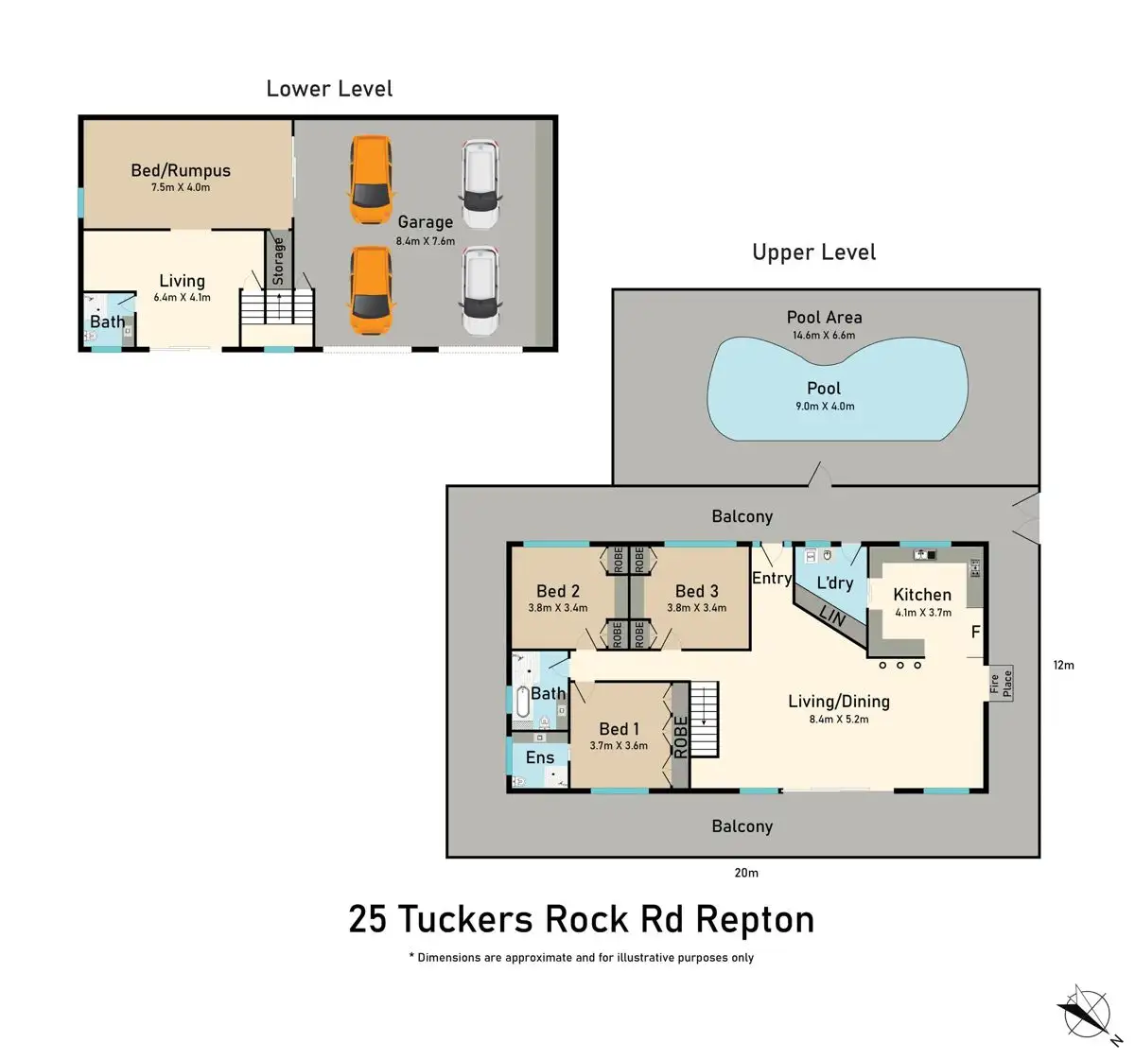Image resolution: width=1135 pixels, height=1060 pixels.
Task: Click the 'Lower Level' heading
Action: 329,89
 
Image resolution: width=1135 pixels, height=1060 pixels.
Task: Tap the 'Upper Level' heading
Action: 813,252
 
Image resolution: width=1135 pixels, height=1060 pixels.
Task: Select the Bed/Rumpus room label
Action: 181,170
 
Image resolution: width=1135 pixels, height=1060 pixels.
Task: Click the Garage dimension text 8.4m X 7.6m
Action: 426,241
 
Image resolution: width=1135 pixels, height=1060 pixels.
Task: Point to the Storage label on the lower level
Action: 278,261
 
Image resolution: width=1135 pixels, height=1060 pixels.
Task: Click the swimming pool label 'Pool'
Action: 824,389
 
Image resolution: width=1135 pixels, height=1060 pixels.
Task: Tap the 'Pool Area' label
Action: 824,317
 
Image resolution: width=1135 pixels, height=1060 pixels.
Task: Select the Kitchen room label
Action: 922,594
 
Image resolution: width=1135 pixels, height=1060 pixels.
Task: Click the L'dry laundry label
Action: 835,582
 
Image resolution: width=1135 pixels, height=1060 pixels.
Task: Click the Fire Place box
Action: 1002,684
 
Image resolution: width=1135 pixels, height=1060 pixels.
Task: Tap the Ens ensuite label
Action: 540,757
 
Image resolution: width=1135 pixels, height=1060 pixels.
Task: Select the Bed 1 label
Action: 619,728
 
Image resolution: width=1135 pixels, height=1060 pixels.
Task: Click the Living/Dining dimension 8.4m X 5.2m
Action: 839,720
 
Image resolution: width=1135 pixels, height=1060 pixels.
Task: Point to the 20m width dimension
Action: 746,873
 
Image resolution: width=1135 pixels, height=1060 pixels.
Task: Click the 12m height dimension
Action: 1063,665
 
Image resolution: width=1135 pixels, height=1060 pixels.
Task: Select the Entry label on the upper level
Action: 772,578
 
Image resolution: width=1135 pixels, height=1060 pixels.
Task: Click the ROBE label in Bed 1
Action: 680,738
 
